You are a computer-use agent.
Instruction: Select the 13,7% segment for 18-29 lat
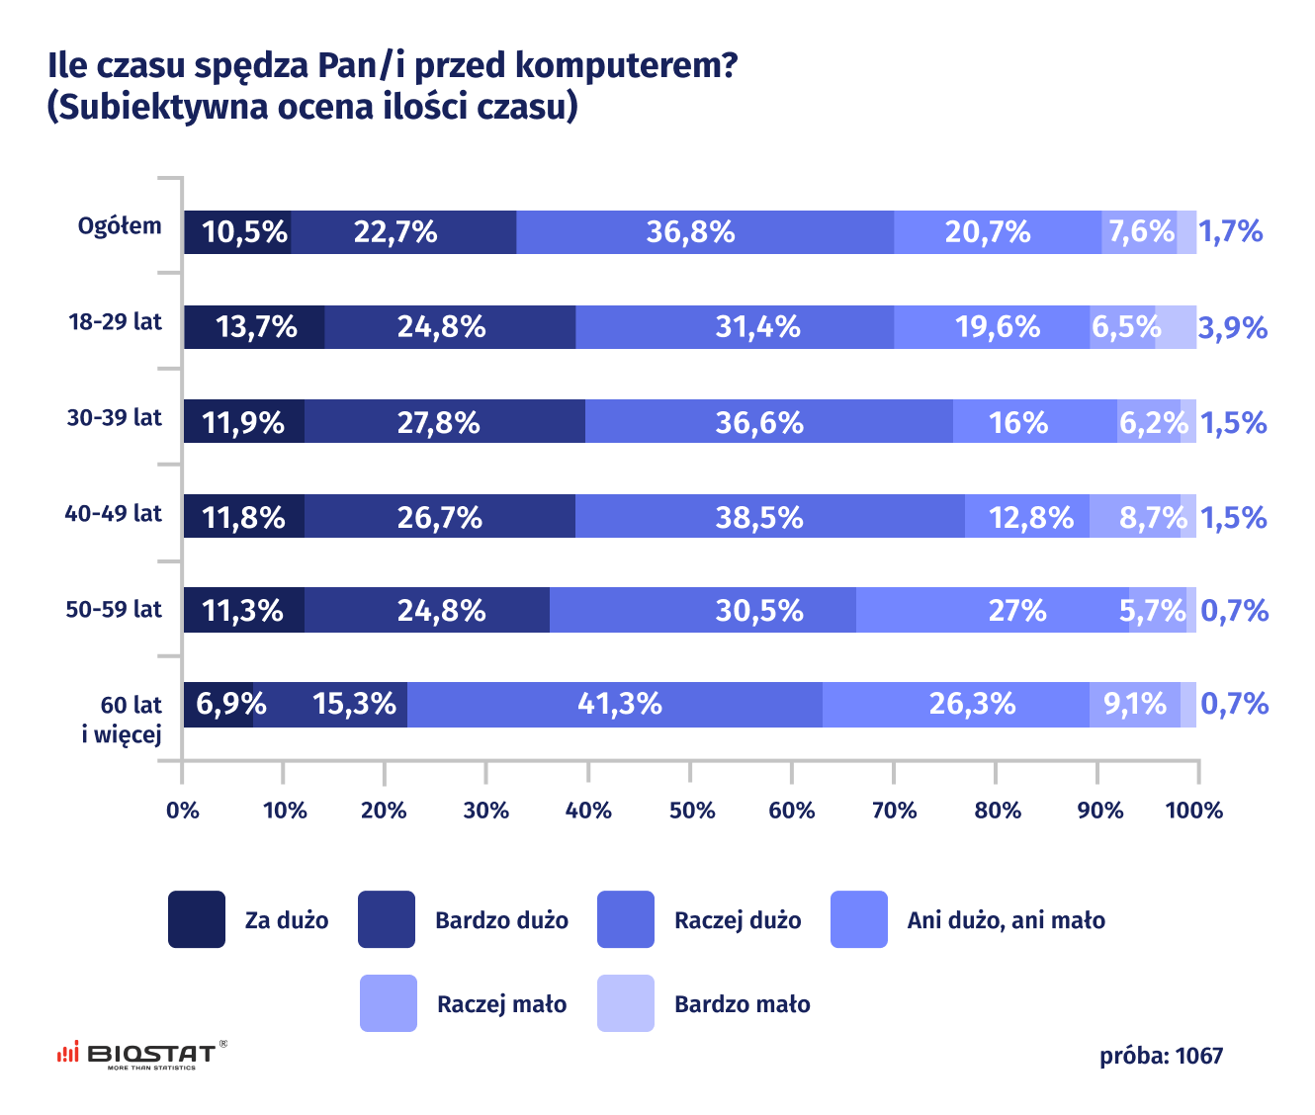[x=255, y=327]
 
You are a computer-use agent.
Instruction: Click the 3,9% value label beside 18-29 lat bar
[x=1232, y=327]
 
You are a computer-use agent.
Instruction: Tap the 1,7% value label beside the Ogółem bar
[x=1230, y=232]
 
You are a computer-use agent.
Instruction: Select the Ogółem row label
[x=120, y=226]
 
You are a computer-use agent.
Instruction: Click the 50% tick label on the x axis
[x=691, y=812]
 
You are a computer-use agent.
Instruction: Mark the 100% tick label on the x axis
[x=1194, y=812]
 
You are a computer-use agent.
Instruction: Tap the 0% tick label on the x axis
[x=183, y=812]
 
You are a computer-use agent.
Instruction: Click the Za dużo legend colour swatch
[x=197, y=920]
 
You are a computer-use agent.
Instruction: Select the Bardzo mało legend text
[x=742, y=1004]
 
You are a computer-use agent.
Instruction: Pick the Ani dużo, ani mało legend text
[x=1006, y=920]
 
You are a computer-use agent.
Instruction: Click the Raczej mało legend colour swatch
[x=389, y=1004]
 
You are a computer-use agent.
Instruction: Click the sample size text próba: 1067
[x=1161, y=1057]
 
